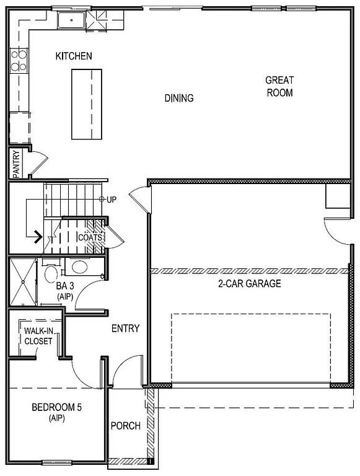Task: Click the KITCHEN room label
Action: (x=74, y=56)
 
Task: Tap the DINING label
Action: (x=178, y=98)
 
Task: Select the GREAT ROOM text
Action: (x=279, y=86)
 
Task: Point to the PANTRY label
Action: (x=16, y=164)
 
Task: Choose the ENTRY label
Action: (x=125, y=328)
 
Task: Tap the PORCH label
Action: (x=125, y=426)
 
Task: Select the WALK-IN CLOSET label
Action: (x=38, y=335)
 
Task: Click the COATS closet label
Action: (x=90, y=237)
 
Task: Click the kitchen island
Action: (x=86, y=104)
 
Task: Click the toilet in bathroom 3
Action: (x=51, y=272)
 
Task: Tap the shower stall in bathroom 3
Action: (x=23, y=282)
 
